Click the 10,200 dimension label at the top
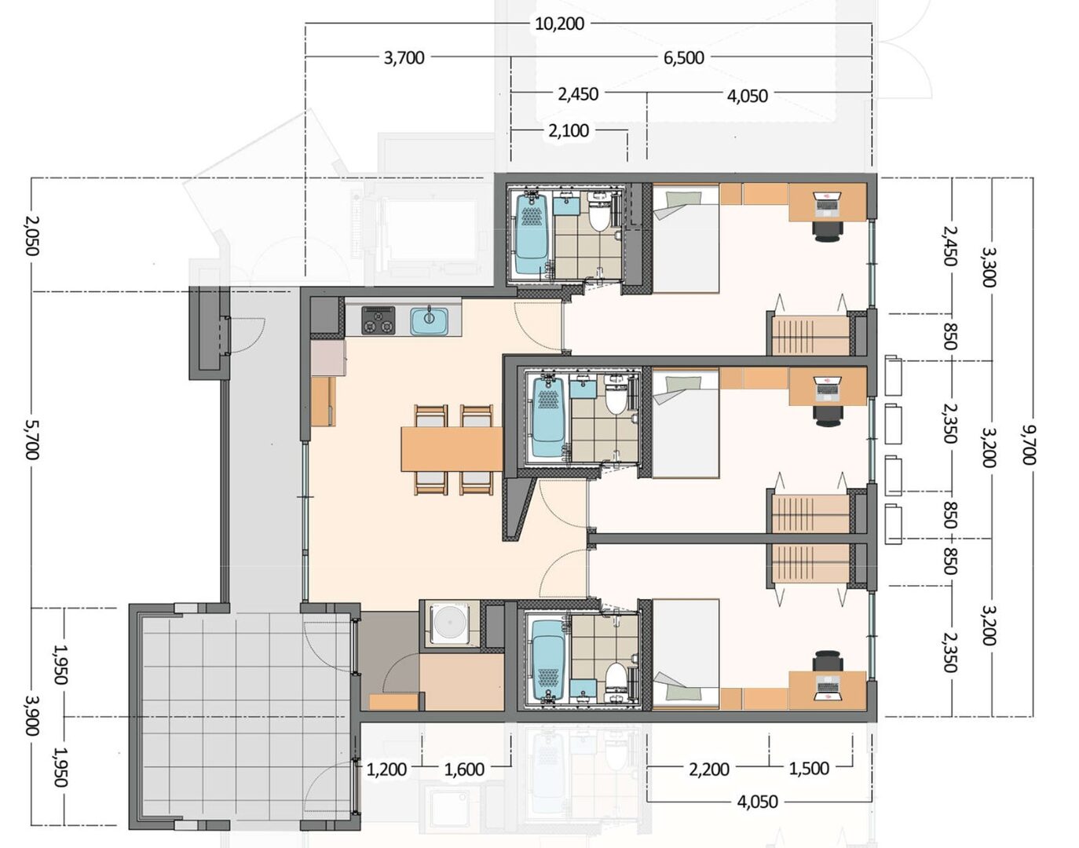pos(560,24)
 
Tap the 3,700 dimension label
pos(404,57)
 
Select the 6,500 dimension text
pos(684,57)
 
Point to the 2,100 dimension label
pos(569,130)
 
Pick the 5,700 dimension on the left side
pos(31,440)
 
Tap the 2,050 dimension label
pos(31,236)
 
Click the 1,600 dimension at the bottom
pos(464,769)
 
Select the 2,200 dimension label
pos(709,769)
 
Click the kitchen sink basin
pos(429,320)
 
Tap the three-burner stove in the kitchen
pos(379,320)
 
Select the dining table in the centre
pos(452,449)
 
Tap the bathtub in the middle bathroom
pos(548,418)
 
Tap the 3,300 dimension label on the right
pos(988,268)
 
